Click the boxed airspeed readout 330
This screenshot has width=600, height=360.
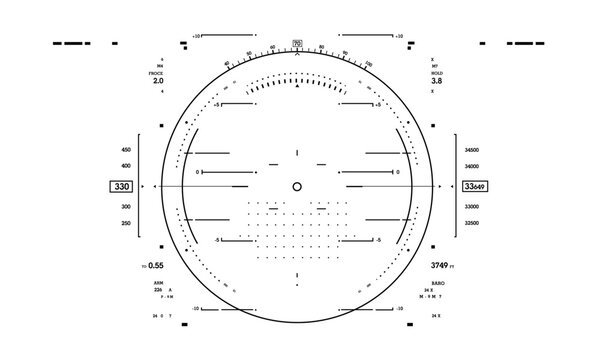pos(122,187)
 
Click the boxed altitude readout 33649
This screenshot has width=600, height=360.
pos(476,187)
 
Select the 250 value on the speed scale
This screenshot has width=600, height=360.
pos(125,223)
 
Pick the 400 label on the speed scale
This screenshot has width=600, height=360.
pos(125,165)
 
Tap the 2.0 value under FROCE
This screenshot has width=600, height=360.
pos(158,81)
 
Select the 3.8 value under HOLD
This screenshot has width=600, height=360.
pos(437,81)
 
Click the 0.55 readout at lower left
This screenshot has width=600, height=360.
pos(155,266)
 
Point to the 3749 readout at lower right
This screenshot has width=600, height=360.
pos(440,265)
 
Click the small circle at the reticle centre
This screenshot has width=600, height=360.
pos(297,187)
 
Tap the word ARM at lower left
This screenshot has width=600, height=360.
pos(157,283)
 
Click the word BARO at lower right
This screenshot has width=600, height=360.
pos(438,284)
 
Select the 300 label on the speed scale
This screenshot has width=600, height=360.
pos(125,206)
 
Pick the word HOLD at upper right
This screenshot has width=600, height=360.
pos(437,72)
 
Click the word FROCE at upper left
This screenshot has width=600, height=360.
pos(157,72)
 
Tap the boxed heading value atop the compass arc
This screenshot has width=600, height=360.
pos(297,42)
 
